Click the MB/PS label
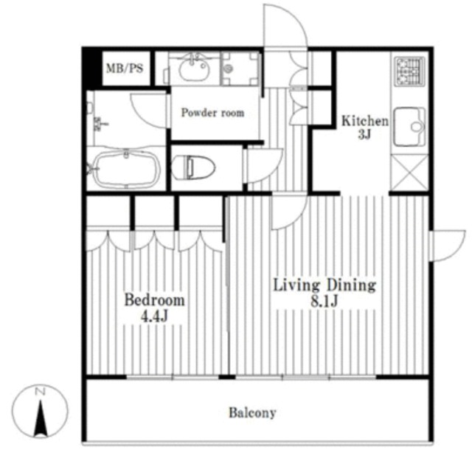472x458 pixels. click(125, 69)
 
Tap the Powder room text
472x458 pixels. click(212, 113)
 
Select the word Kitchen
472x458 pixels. click(364, 121)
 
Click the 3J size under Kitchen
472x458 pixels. click(364, 135)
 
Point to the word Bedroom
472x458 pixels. click(154, 300)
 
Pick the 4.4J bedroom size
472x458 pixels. click(154, 316)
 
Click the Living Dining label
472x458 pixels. click(324, 285)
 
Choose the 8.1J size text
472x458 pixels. click(324, 301)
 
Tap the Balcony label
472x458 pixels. click(252, 413)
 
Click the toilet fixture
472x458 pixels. click(193, 167)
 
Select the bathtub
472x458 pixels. click(126, 169)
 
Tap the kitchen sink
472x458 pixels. click(409, 126)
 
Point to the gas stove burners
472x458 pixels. click(410, 72)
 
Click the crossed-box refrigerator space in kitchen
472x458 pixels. click(409, 173)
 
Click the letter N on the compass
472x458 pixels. click(40, 392)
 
